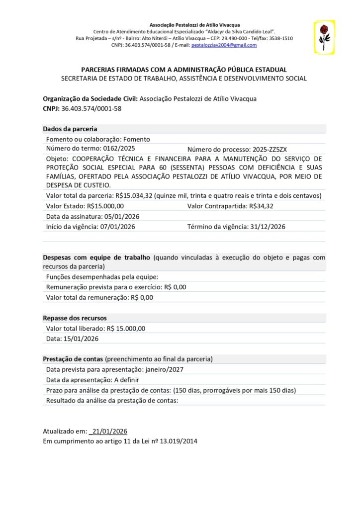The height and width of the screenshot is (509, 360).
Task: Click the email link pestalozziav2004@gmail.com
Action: pyautogui.click(x=224, y=45)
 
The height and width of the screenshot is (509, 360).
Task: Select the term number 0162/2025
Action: pyautogui.click(x=118, y=149)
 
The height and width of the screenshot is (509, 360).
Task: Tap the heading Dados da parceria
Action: pyautogui.click(x=70, y=129)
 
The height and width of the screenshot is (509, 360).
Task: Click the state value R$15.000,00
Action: pyautogui.click(x=105, y=206)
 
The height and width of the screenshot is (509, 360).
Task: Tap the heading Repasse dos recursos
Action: pyautogui.click(x=75, y=318)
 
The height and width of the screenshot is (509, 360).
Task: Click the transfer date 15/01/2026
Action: pyautogui.click(x=80, y=339)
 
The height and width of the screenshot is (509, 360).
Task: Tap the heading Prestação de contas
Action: pyautogui.click(x=73, y=359)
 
